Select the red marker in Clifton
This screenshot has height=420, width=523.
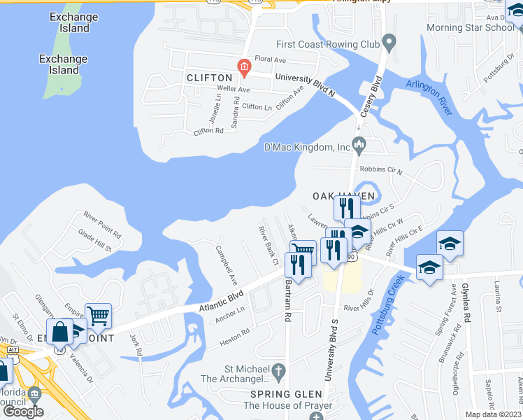pyautogui.click(x=244, y=68)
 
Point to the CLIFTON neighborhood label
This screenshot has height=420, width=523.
pyautogui.click(x=209, y=78)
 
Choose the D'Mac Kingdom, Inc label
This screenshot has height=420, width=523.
pyautogui.click(x=306, y=147)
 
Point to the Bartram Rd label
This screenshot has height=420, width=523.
pyautogui.click(x=287, y=302)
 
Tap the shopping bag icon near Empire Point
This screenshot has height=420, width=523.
pyautogui.click(x=60, y=332)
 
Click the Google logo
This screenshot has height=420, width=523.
pyautogui.click(x=23, y=411)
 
